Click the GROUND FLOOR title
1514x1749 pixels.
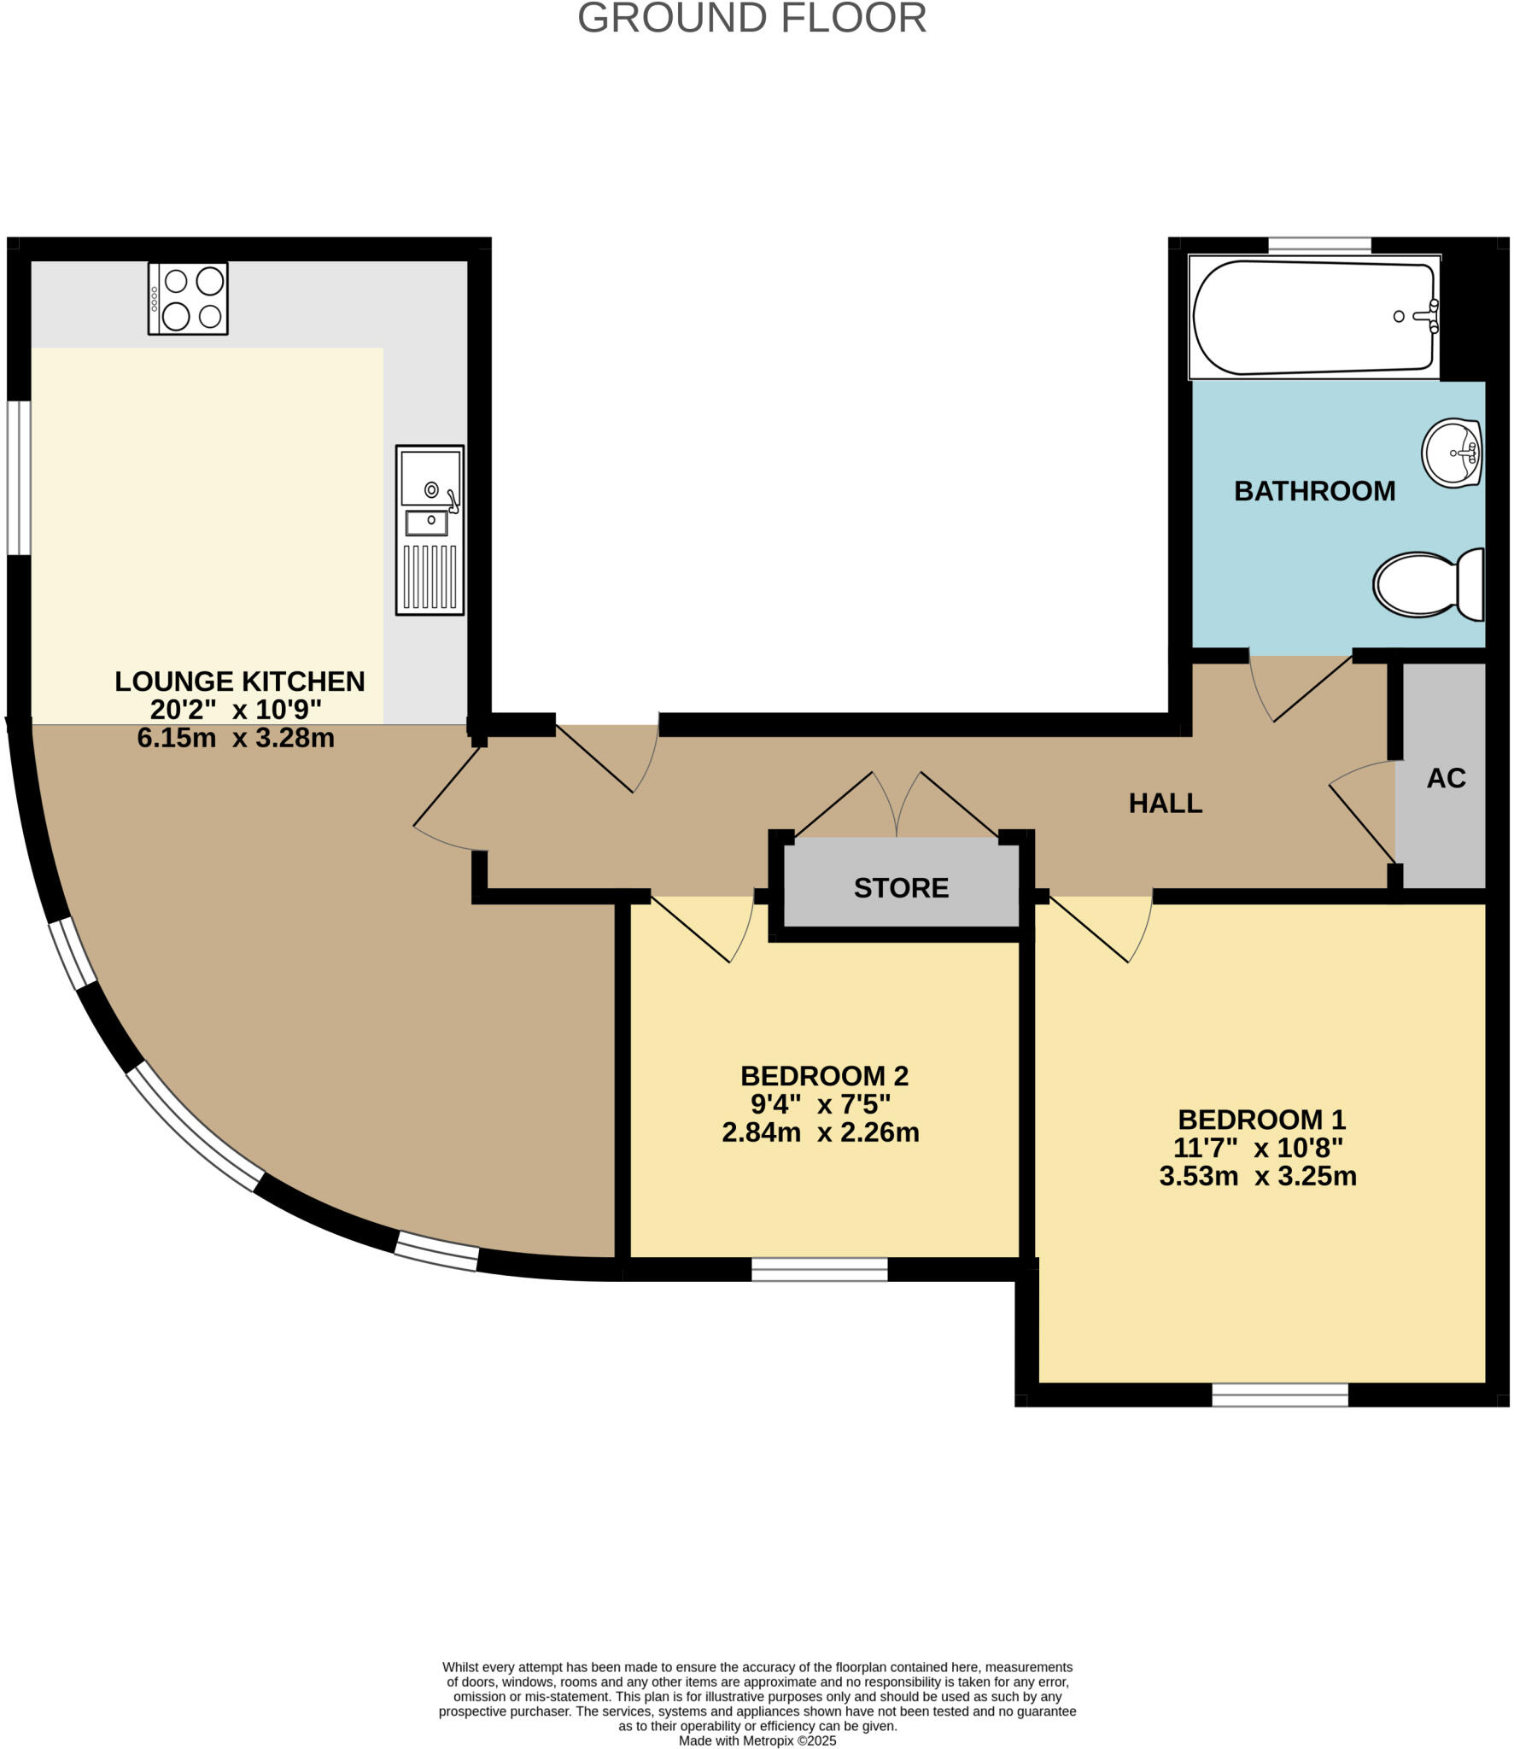pyautogui.click(x=751, y=19)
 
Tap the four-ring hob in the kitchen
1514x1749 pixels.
pyautogui.click(x=188, y=298)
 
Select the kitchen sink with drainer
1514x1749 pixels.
pyautogui.click(x=430, y=529)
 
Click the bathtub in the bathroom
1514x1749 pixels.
pyautogui.click(x=1313, y=317)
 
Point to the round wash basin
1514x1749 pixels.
pyautogui.click(x=1451, y=453)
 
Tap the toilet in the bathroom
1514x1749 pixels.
pyautogui.click(x=1428, y=585)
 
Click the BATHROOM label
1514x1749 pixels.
pyautogui.click(x=1314, y=491)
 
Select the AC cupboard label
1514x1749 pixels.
pyautogui.click(x=1446, y=778)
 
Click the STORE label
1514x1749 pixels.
pyautogui.click(x=901, y=888)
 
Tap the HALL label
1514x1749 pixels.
pyautogui.click(x=1165, y=803)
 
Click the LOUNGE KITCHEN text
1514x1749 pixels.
pyautogui.click(x=240, y=681)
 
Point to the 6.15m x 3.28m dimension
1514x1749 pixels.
pyautogui.click(x=236, y=738)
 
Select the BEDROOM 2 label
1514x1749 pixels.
pyautogui.click(x=823, y=1075)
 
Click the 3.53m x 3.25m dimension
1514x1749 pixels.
pyautogui.click(x=1257, y=1177)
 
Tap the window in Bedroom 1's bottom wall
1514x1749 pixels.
pyautogui.click(x=1279, y=1395)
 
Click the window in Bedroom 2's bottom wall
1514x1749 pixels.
pyautogui.click(x=819, y=1270)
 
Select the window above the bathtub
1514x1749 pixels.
pyautogui.click(x=1319, y=245)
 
